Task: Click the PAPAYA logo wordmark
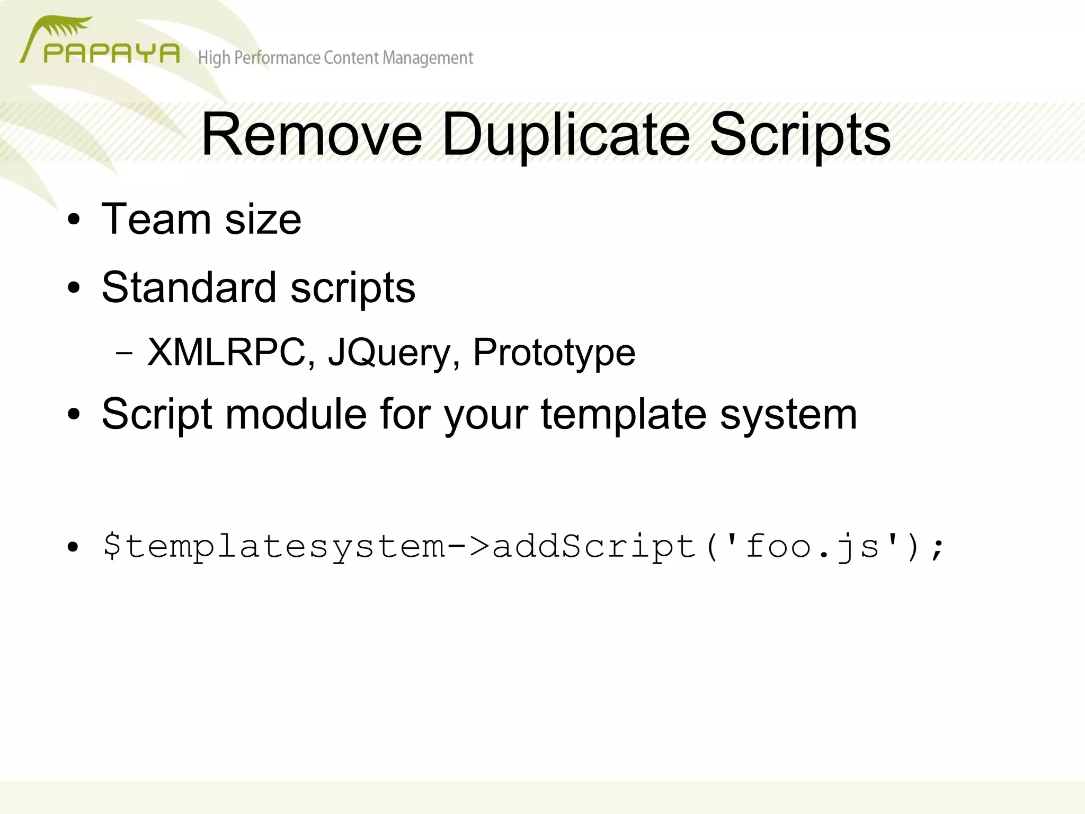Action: pyautogui.click(x=111, y=53)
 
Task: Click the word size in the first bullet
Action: pyautogui.click(x=263, y=220)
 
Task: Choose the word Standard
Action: pyautogui.click(x=189, y=287)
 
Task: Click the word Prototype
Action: pyautogui.click(x=554, y=353)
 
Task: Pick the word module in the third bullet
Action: pyautogui.click(x=296, y=414)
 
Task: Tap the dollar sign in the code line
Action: pyautogui.click(x=112, y=546)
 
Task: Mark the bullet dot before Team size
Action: pyautogui.click(x=74, y=220)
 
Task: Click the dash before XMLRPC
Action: pyautogui.click(x=123, y=353)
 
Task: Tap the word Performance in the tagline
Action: pyautogui.click(x=277, y=58)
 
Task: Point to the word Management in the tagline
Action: pyautogui.click(x=428, y=58)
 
